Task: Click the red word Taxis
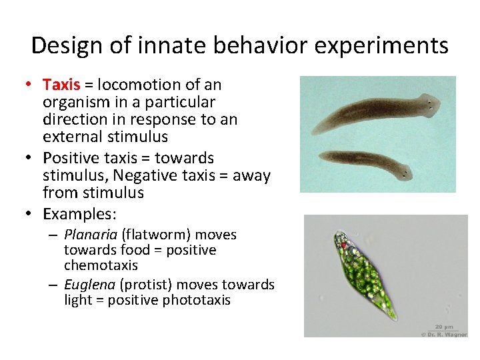pyautogui.click(x=61, y=85)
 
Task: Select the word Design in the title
pyautogui.click(x=67, y=46)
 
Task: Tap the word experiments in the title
pyautogui.click(x=381, y=46)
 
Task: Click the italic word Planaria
pyautogui.click(x=91, y=235)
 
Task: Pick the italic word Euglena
pyautogui.click(x=90, y=285)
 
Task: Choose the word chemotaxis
pyautogui.click(x=101, y=265)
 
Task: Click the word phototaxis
pyautogui.click(x=196, y=300)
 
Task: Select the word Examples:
pyautogui.click(x=79, y=214)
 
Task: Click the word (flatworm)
pyautogui.click(x=156, y=235)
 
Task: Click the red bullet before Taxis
pyautogui.click(x=29, y=84)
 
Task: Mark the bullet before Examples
pyautogui.click(x=29, y=213)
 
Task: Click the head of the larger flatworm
pyautogui.click(x=430, y=105)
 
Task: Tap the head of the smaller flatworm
pyautogui.click(x=405, y=173)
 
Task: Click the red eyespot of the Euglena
pyautogui.click(x=344, y=245)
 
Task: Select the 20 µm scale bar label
pyautogui.click(x=445, y=327)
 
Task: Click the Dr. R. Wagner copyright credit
pyautogui.click(x=445, y=335)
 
